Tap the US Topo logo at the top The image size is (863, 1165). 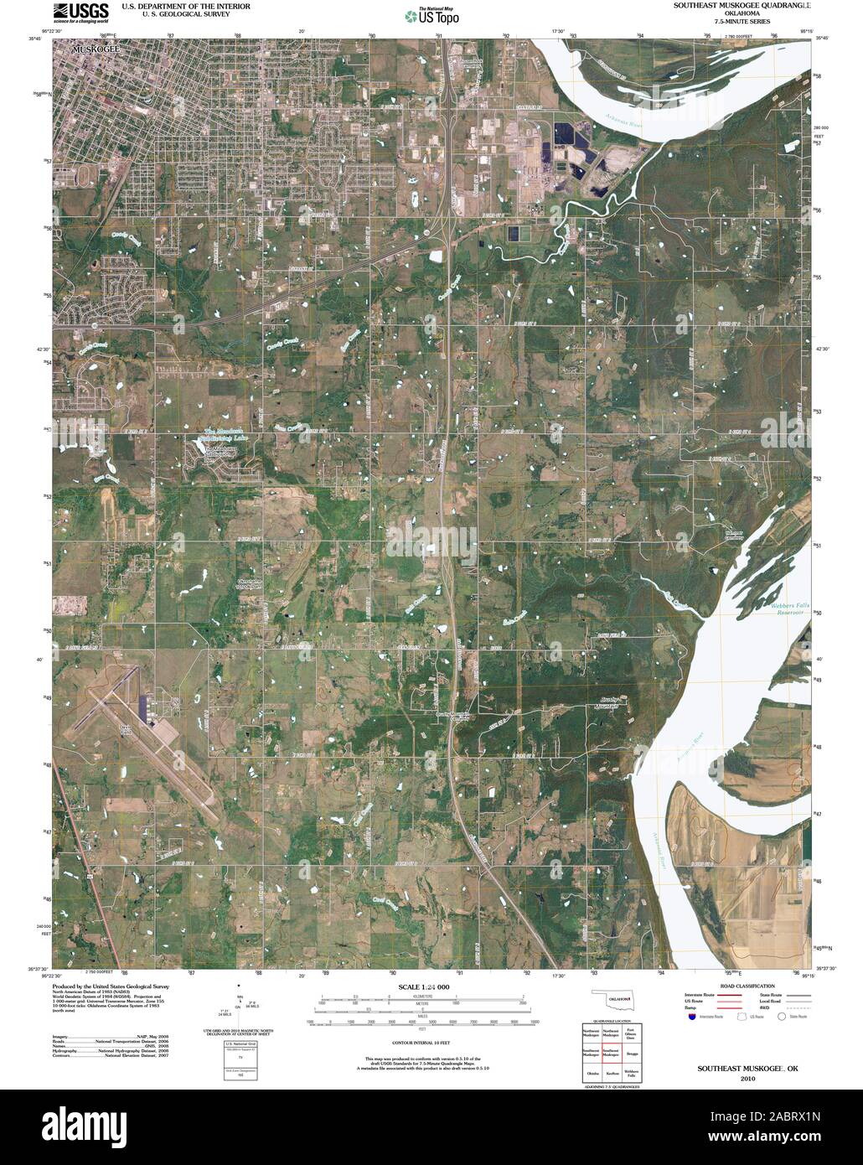click(x=431, y=16)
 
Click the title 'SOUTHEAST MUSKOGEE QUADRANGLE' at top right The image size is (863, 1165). click(x=742, y=5)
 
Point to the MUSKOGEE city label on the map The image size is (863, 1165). click(x=96, y=50)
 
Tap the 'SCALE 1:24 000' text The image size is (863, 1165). click(x=424, y=987)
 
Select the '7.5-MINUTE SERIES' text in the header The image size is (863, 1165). click(x=742, y=23)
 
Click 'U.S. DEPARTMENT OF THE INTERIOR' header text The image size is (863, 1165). click(x=185, y=5)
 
